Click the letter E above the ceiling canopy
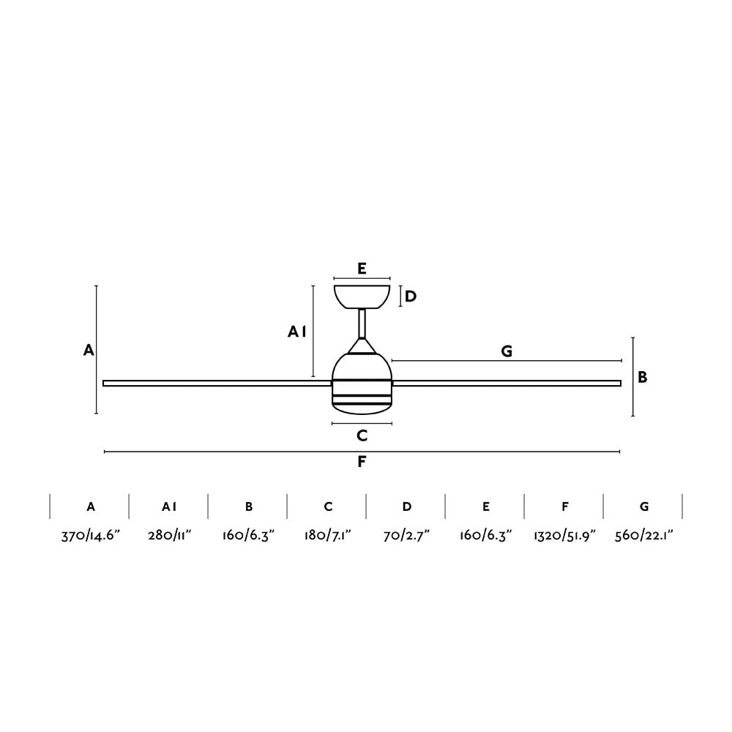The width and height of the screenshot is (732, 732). click(x=362, y=269)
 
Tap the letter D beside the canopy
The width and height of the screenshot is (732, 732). click(x=411, y=296)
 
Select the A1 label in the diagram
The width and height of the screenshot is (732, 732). click(x=297, y=332)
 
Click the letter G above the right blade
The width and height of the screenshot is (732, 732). click(x=507, y=351)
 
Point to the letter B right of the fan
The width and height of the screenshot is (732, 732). click(x=643, y=377)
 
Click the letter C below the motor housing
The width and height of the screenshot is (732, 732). click(x=362, y=436)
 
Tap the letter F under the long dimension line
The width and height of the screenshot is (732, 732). click(x=362, y=462)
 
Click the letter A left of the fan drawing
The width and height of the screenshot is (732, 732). click(x=89, y=350)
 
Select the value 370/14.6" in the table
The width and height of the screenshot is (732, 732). click(x=91, y=536)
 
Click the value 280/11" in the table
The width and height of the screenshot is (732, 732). click(x=170, y=536)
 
